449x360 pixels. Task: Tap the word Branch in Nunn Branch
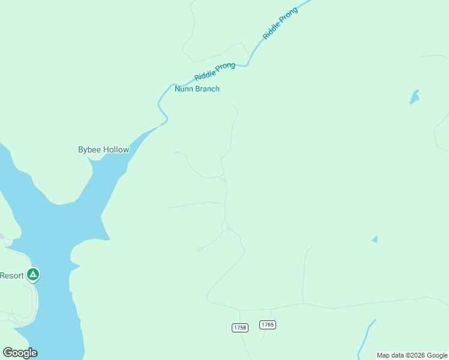(207, 89)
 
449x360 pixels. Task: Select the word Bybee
(89, 149)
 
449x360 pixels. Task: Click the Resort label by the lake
(11, 275)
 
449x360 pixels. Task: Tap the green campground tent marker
(33, 275)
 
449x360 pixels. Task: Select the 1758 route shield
(239, 328)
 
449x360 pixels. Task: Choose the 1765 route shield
(268, 325)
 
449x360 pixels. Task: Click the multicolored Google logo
(20, 353)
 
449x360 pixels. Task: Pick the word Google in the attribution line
(437, 355)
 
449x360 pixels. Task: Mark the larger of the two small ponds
(414, 97)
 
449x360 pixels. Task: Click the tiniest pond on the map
(375, 239)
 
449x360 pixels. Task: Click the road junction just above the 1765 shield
(272, 310)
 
